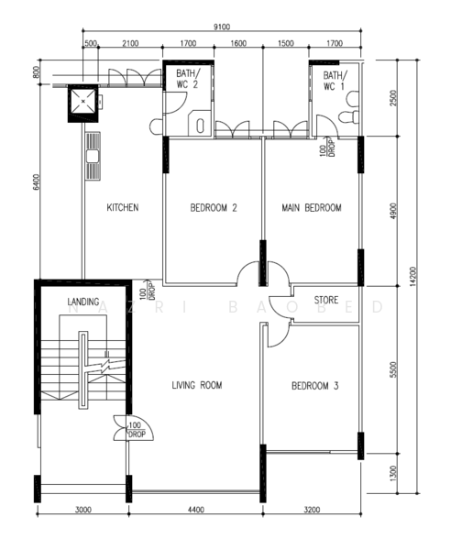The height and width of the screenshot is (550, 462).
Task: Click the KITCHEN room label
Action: (x=123, y=207)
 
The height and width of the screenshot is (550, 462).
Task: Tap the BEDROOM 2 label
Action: (x=214, y=208)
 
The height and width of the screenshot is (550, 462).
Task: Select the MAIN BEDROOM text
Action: (x=312, y=208)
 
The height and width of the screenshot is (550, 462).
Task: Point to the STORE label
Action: (x=326, y=300)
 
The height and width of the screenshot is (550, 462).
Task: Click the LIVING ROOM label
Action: (x=197, y=385)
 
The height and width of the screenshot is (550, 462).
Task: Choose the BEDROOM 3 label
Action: (x=315, y=386)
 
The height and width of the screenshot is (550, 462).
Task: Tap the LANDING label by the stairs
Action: (x=83, y=302)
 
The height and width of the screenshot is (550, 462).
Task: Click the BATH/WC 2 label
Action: (x=188, y=79)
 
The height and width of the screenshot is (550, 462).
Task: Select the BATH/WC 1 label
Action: (x=335, y=81)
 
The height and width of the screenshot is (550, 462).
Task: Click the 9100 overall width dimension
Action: (x=222, y=27)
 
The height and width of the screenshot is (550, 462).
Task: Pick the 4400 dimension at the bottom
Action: (x=196, y=510)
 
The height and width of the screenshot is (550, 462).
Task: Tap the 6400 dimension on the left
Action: (x=36, y=182)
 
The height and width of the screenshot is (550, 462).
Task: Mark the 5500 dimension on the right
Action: (x=393, y=369)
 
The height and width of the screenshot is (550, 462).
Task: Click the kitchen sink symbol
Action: (x=93, y=156)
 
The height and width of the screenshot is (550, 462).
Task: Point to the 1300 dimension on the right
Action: (x=393, y=474)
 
